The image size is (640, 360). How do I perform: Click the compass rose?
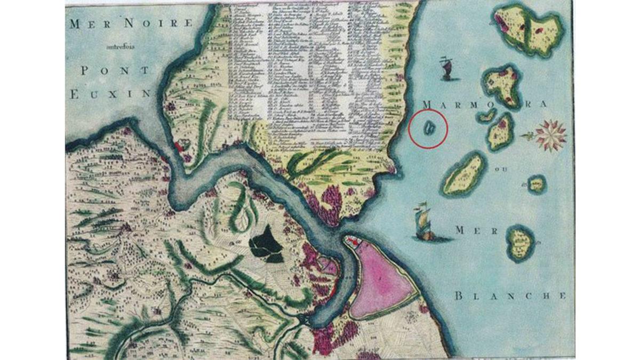[x=550, y=135]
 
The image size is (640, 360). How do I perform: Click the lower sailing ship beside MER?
[x=424, y=222]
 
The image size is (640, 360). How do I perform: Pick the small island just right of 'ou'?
[x=537, y=184]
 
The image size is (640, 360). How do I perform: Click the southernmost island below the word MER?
[x=520, y=243]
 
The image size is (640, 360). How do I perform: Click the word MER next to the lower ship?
[x=476, y=231]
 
